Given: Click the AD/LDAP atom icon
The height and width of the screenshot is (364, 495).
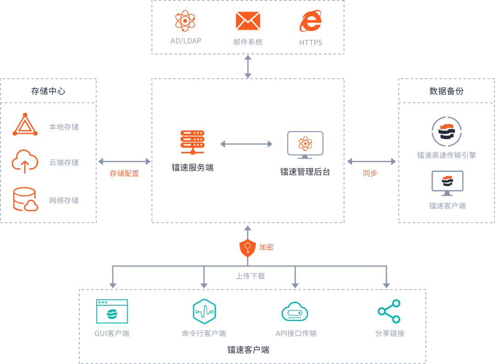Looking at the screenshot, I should pos(185,21).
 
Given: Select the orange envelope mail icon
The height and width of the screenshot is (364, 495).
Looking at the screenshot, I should pos(248,21).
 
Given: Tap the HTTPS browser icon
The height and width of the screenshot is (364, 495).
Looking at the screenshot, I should pos(310,21).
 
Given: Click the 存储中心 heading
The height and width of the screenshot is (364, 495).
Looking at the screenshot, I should pos(48,91).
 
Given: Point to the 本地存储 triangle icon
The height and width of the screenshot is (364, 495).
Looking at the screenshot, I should pos(25,125).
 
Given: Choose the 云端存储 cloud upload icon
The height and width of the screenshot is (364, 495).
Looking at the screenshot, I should pos(25,161).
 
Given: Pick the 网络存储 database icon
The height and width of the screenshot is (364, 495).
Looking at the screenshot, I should pos(25,199).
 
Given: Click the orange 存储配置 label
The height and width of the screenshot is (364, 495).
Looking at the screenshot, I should pos(124,174).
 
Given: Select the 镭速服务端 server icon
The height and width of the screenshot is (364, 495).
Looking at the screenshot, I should pos(192,142).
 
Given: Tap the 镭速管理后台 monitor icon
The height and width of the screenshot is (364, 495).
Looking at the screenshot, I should pos(305,144).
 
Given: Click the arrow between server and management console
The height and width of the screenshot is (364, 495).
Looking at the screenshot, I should pos(246,144).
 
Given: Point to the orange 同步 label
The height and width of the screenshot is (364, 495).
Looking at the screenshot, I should pos(369,174).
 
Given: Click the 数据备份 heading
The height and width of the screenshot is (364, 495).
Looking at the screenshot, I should pos(446,91).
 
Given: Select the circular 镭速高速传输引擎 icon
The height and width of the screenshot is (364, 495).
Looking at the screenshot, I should pos(446,132).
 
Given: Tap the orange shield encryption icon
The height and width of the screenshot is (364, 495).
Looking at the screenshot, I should pos(247,248).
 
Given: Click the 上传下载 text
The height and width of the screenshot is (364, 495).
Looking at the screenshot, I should pos(250,276).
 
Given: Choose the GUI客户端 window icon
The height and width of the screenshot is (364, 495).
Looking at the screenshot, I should pos(112,311).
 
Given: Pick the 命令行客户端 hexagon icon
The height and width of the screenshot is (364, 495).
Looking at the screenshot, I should pos(204,311).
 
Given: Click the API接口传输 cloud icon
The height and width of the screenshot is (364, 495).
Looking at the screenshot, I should pos(295,312).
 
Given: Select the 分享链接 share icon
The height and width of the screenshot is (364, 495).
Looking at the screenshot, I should pos(389,311).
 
